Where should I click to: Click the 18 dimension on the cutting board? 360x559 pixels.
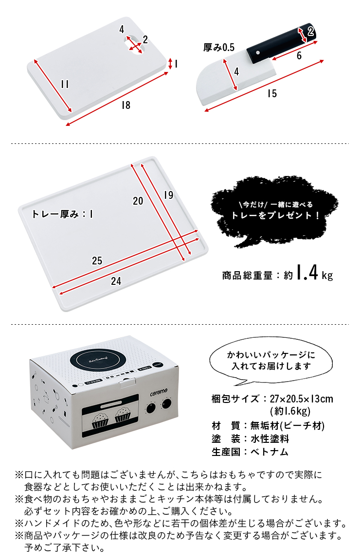point(126,105)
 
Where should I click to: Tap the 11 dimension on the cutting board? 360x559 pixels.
point(65,84)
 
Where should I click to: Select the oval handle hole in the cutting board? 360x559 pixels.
point(135,45)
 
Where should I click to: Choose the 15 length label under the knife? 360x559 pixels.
point(272,93)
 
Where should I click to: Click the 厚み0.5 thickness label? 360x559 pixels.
point(219,48)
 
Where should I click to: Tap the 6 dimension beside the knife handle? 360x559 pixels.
point(299,55)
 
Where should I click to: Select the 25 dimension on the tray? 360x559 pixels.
point(97,261)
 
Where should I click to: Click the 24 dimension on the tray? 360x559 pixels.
point(116,281)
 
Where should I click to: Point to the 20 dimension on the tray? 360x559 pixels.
point(138,201)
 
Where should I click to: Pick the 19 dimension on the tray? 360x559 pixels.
point(169,195)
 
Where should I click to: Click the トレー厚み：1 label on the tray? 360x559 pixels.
point(62,214)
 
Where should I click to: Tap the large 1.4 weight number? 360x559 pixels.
point(307,273)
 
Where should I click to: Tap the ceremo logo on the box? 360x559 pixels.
point(159,392)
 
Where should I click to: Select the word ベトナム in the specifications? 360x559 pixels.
point(269,452)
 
